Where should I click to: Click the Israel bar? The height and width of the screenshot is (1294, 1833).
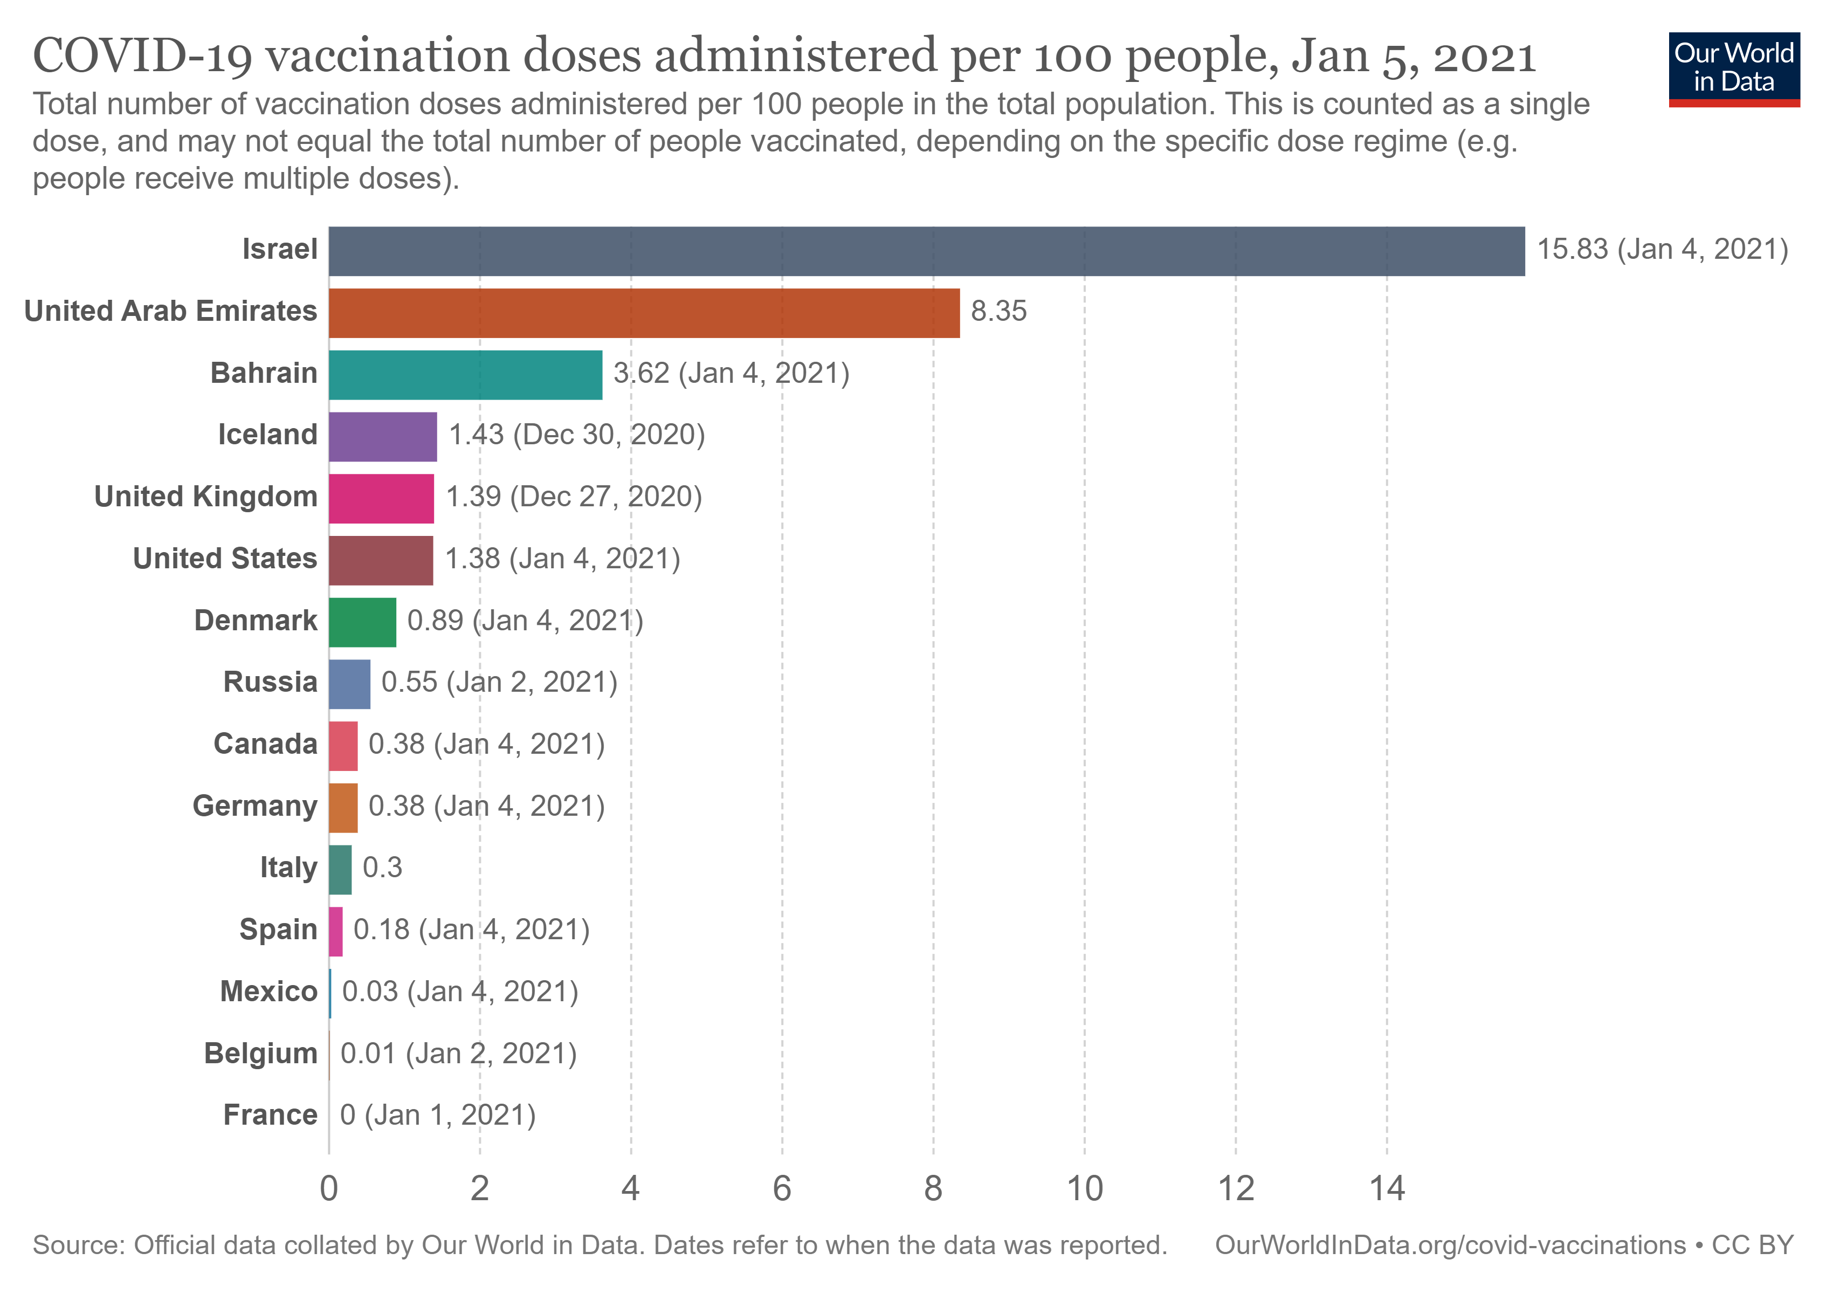point(926,251)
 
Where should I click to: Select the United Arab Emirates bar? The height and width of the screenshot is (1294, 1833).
point(644,313)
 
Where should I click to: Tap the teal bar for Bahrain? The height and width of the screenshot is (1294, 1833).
point(465,374)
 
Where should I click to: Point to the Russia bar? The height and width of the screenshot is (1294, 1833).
point(350,684)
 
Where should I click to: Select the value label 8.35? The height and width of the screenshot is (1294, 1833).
point(999,311)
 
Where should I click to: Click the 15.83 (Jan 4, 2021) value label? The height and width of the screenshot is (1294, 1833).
point(1662,250)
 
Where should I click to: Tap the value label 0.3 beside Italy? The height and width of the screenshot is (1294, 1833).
point(382,868)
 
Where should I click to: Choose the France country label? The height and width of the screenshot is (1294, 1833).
point(270,1115)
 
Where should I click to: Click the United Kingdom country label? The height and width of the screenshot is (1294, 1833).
point(206,497)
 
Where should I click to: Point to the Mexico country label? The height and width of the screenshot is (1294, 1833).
point(268,992)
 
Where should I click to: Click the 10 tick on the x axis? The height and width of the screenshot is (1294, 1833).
point(1085,1189)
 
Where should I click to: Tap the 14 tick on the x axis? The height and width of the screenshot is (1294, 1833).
point(1387,1189)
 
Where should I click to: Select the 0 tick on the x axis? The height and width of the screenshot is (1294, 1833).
point(329,1189)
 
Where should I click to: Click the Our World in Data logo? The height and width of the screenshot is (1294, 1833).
point(1734,68)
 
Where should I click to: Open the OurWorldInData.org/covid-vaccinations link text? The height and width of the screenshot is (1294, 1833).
point(1450,1246)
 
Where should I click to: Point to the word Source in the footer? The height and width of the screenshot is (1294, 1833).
point(78,1246)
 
